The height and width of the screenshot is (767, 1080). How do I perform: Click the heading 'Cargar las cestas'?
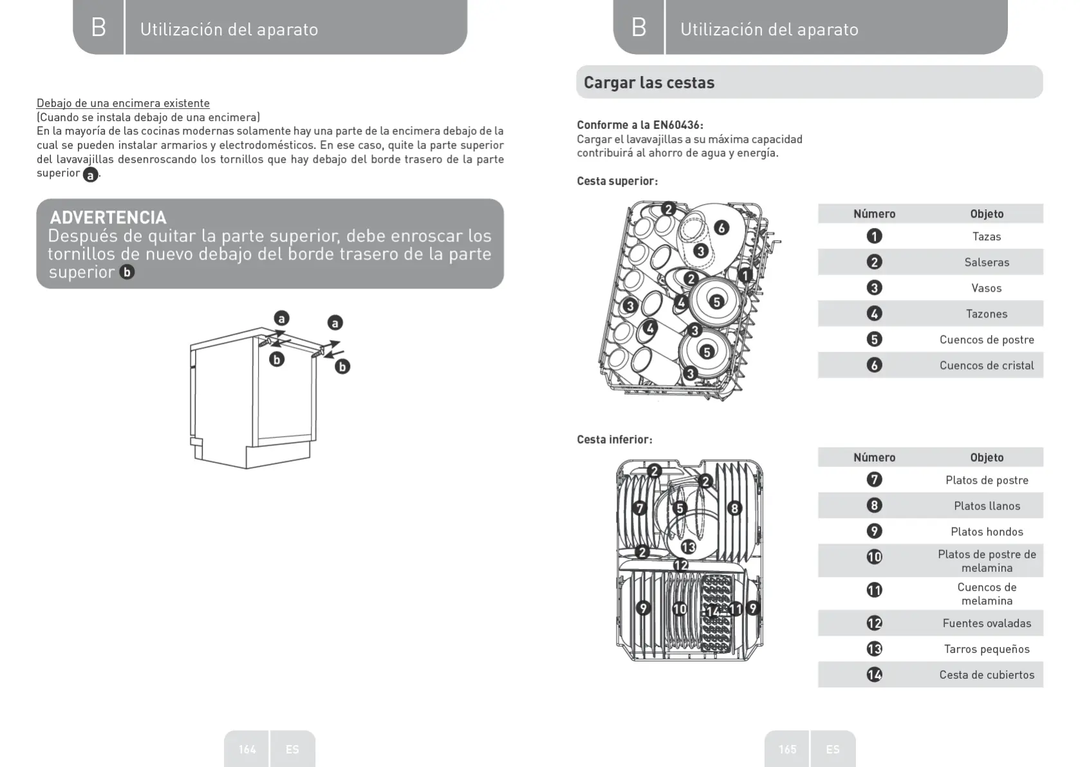pos(649,82)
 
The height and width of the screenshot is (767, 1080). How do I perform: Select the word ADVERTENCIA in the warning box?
pos(108,217)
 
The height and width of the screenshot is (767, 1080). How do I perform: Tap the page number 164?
pos(247,749)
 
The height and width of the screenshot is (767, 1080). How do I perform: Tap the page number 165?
pos(787,749)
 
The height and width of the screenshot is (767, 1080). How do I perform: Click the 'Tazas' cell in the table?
pos(986,236)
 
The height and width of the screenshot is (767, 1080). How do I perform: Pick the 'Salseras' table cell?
pos(986,262)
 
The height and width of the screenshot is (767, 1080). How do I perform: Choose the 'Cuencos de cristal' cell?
pos(986,365)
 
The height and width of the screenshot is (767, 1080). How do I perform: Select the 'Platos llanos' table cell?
pos(986,506)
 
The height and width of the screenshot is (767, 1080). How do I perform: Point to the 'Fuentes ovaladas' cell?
pos(986,623)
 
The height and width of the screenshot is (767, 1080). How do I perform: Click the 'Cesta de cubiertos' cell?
pos(986,674)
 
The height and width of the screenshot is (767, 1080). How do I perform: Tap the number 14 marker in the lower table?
pos(874,674)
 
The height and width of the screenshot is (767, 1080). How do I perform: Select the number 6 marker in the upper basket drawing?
pos(722,228)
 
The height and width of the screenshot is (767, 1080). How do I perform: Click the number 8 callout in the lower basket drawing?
pos(734,508)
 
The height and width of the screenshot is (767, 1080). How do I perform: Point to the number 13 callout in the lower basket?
pos(688,547)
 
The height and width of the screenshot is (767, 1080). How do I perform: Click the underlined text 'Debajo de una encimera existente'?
pos(123,103)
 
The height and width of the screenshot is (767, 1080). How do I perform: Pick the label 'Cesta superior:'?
pos(617,181)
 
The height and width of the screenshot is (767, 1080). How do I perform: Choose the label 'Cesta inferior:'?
pos(614,439)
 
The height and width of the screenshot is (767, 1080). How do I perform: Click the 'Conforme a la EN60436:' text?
pos(640,125)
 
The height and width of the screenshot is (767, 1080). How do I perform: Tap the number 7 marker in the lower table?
pos(874,480)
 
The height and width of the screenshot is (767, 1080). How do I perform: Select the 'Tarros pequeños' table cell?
pos(986,649)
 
